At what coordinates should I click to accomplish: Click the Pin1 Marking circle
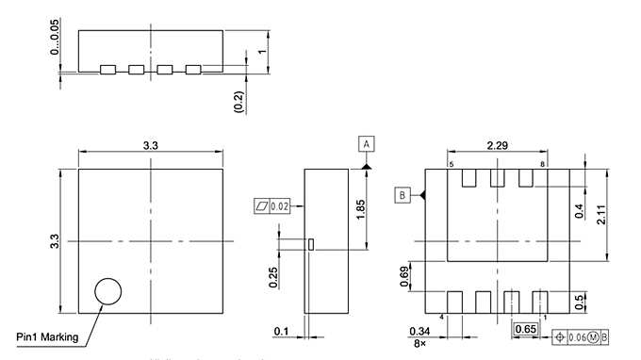(108, 291)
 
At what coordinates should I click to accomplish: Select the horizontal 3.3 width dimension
(150, 144)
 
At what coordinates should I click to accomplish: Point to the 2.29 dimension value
(497, 144)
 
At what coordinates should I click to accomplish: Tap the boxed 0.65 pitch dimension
(526, 329)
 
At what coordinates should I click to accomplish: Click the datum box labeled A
(367, 143)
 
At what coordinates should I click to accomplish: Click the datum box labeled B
(403, 195)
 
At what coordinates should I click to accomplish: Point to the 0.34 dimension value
(419, 331)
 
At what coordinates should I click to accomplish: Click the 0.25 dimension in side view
(272, 277)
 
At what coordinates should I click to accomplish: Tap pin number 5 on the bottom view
(451, 165)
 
